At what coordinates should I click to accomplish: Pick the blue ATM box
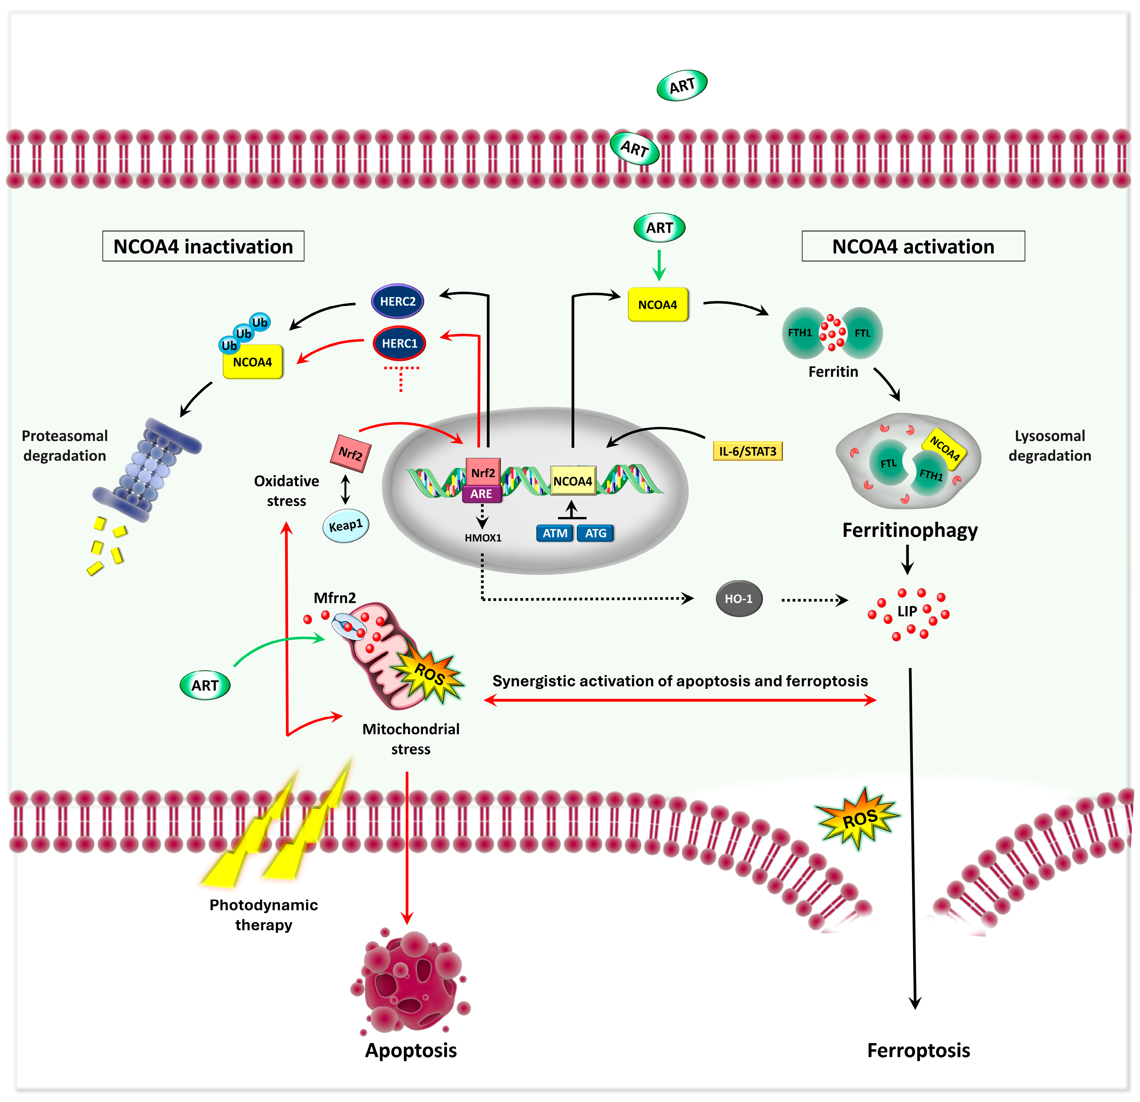point(555,533)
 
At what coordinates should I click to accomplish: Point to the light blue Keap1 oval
point(345,525)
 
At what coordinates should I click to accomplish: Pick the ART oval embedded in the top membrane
point(634,149)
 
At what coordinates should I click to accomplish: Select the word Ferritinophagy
point(910,530)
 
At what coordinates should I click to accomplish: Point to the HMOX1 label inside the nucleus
point(483,538)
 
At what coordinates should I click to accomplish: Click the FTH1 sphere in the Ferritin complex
point(802,333)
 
